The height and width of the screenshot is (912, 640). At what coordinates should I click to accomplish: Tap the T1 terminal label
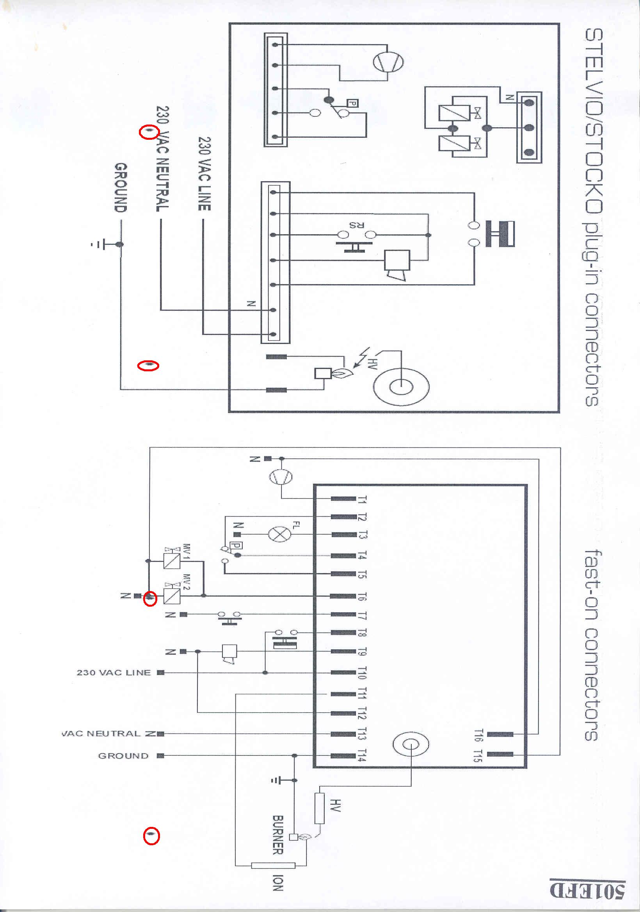362,500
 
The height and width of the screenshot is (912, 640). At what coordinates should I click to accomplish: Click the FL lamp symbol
279,534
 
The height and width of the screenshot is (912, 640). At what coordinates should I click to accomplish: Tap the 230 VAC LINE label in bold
204,174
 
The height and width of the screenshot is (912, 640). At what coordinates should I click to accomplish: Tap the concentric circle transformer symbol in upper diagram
401,386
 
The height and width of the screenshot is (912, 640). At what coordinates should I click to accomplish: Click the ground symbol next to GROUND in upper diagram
98,244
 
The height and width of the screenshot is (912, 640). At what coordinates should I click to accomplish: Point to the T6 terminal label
362,596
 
